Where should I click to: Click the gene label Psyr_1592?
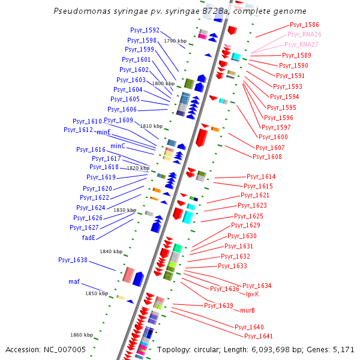[145, 30]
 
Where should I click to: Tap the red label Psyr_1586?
[304, 25]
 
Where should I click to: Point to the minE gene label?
[104, 131]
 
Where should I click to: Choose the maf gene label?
[74, 281]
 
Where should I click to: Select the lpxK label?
[252, 293]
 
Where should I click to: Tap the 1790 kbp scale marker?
[175, 41]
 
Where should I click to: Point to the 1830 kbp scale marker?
[125, 210]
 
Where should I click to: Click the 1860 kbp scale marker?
[82, 335]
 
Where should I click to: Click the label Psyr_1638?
[73, 260]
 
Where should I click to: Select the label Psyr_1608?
[267, 157]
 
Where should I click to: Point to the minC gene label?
[118, 146]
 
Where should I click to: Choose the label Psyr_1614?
[261, 176]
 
